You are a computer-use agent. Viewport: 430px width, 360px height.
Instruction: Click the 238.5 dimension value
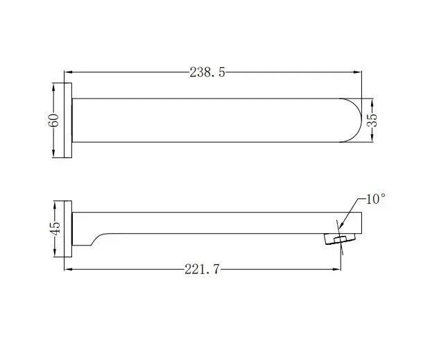pos(208,72)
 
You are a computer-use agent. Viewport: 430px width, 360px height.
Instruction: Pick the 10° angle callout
pos(375,199)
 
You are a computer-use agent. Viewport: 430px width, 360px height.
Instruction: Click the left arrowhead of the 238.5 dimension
pos(68,71)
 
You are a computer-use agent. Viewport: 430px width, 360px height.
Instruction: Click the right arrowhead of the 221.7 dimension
pos(339,269)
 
